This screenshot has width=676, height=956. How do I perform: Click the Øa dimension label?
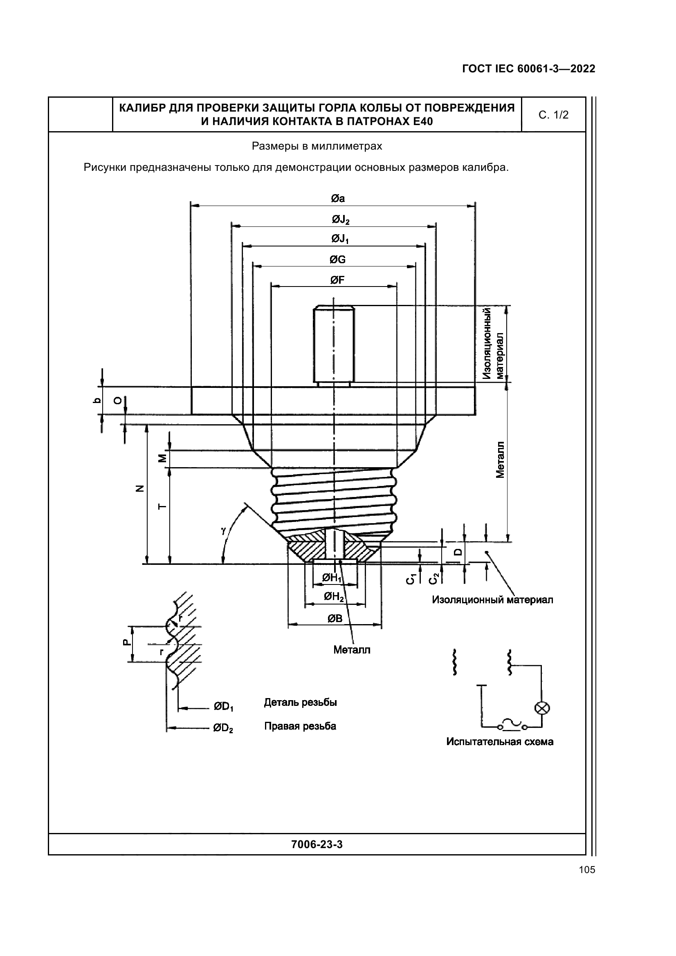pyautogui.click(x=338, y=199)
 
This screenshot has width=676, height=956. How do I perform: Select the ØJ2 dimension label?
pyautogui.click(x=340, y=219)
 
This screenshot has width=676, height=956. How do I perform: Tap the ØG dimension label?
pyautogui.click(x=337, y=260)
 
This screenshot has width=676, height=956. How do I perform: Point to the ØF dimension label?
pyautogui.click(x=337, y=280)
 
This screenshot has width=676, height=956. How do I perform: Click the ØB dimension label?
pyautogui.click(x=335, y=619)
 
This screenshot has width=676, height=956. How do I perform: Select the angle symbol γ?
pyautogui.click(x=224, y=531)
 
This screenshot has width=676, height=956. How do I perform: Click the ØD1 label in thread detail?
pyautogui.click(x=224, y=707)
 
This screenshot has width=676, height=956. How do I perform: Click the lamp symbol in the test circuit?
pyautogui.click(x=542, y=708)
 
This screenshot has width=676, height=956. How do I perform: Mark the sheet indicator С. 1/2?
pyautogui.click(x=553, y=115)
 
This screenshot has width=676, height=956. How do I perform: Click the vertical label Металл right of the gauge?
pyautogui.click(x=500, y=460)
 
